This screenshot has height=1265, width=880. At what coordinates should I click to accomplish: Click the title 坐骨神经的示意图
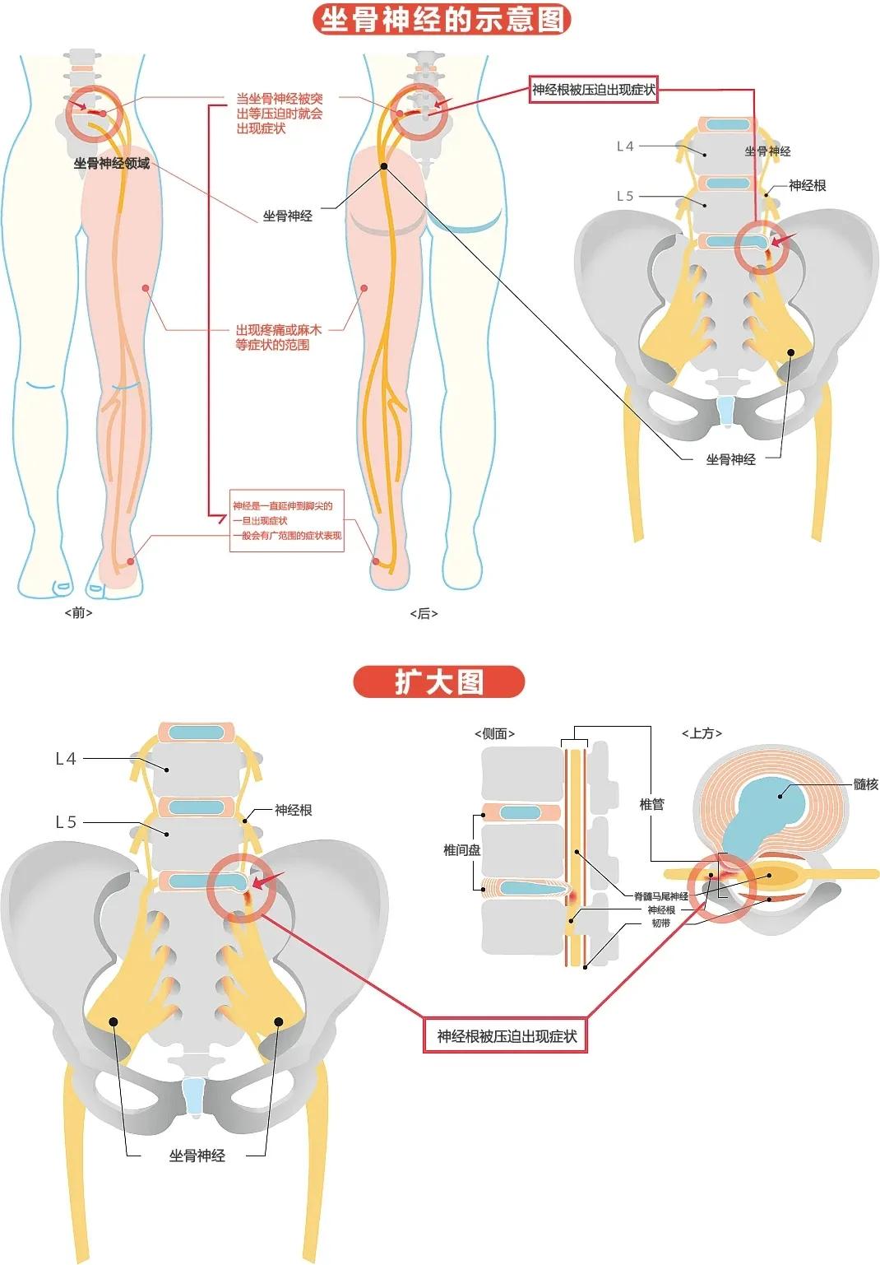442,20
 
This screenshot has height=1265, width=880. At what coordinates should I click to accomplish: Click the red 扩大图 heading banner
438,681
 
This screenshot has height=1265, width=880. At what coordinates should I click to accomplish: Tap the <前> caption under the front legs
78,612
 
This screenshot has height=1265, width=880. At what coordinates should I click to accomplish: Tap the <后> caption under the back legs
424,613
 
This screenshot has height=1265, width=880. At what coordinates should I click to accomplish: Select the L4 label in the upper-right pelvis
625,146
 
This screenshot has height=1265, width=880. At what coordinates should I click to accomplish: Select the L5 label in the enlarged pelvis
66,822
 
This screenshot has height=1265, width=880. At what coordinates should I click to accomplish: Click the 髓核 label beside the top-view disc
865,784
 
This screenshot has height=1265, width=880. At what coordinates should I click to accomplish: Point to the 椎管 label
651,804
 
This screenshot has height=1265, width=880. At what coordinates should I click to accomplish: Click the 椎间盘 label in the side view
461,850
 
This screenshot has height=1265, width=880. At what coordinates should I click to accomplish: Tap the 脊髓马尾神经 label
660,896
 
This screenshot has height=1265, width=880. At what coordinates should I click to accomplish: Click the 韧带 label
660,923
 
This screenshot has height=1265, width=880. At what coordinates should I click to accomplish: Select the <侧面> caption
494,733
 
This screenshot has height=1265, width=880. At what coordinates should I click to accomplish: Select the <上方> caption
702,733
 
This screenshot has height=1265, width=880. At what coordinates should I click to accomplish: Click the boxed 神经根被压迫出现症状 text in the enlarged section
507,1036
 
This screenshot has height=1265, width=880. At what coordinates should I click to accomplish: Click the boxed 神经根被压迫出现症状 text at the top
593,90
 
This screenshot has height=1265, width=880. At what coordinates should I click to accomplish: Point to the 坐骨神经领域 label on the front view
112,163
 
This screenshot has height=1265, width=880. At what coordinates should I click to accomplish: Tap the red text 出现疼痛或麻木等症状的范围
278,337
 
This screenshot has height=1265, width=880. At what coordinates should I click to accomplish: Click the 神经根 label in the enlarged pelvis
293,810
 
